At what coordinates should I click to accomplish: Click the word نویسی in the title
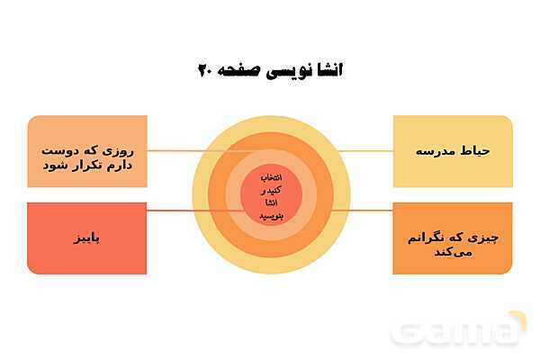(283, 70)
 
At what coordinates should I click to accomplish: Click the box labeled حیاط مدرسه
(453, 150)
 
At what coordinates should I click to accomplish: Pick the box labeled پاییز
(86, 238)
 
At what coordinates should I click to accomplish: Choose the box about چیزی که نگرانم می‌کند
(453, 238)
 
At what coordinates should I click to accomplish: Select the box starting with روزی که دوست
(86, 150)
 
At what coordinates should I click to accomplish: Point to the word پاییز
(87, 239)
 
